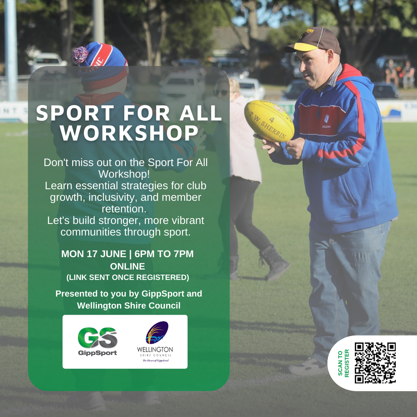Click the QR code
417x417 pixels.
coord(375,363)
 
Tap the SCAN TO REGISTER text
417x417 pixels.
coord(343,363)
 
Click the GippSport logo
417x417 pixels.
coord(97,341)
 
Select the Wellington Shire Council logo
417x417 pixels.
coord(155,342)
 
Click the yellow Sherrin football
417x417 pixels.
coord(269,121)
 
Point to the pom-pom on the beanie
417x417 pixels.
coord(80,55)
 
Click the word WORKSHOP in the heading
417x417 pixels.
coord(129,132)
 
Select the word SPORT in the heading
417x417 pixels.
coord(75,113)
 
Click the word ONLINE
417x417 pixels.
coord(128,266)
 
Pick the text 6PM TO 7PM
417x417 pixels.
coord(164,254)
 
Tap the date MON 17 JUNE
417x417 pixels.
coord(93,254)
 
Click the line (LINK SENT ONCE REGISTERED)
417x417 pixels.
coord(128,277)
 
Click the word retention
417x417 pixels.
coord(124,209)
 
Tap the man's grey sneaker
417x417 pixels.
coord(308,366)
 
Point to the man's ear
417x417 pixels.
coord(331,57)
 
